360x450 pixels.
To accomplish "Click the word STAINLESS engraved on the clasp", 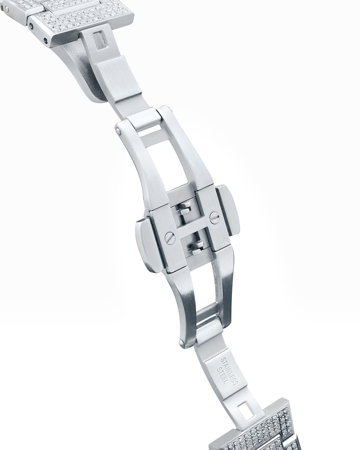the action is click(x=229, y=371).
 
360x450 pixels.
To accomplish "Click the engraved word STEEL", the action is click(x=223, y=375).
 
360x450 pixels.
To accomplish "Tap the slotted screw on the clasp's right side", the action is click(x=214, y=217).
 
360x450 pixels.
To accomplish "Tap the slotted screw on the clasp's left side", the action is click(x=170, y=238).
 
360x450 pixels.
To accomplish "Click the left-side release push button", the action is click(x=147, y=245).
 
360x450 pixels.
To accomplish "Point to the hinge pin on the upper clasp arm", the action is click(x=118, y=130).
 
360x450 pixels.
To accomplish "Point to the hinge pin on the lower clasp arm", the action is click(x=182, y=343).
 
